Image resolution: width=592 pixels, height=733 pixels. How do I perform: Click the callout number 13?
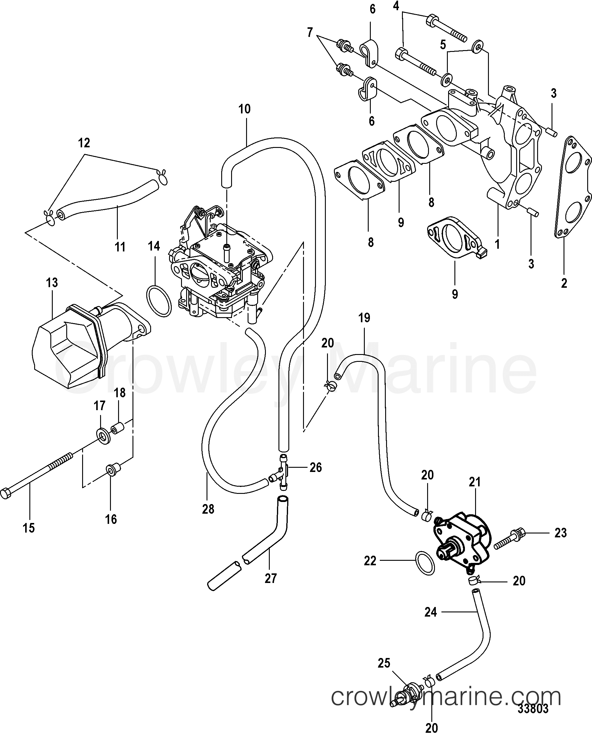point(52,283)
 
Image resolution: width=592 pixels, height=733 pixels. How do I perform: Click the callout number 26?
point(315,467)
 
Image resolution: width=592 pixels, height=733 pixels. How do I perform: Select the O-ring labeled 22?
point(425,562)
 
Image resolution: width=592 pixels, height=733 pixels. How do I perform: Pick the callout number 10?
point(245,109)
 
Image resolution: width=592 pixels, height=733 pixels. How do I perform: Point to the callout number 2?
point(564,283)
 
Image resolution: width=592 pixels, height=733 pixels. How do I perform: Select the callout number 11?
point(120,247)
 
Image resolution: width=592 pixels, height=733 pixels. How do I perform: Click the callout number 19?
point(364,318)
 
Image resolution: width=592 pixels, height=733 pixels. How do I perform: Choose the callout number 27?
point(270,578)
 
